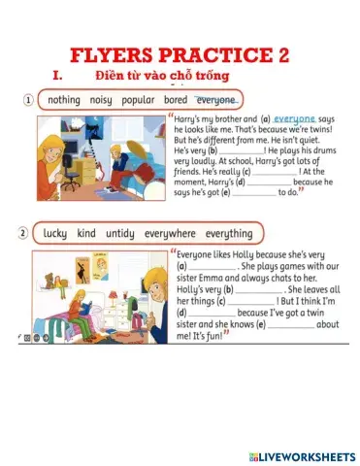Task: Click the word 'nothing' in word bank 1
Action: pos(64,100)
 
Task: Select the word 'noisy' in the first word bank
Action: pos(101,100)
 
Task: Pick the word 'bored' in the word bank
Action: pos(176,100)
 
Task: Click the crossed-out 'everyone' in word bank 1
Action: pos(215,100)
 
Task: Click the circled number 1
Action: pos(29,100)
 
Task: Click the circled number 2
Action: pos(22,233)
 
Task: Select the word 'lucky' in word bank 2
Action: pos(56,233)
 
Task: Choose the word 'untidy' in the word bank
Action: pos(120,233)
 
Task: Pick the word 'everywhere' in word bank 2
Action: pos(170,233)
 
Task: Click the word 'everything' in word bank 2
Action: pos(228,233)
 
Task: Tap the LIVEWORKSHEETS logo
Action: pos(302,454)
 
